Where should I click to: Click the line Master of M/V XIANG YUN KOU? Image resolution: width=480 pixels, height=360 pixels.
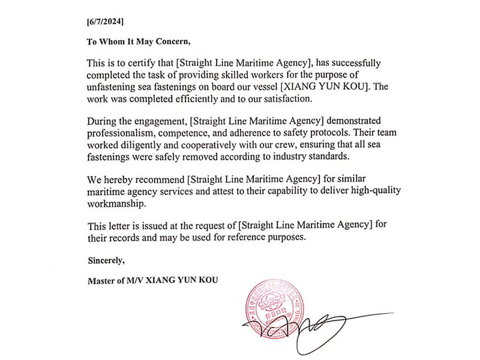pos(149,280)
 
